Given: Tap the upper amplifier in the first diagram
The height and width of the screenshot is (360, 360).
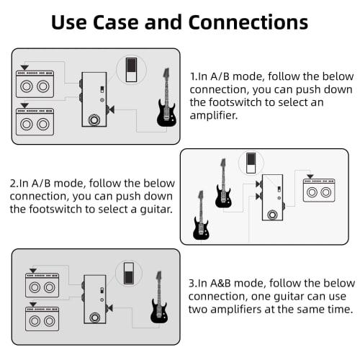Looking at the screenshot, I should point(34,85).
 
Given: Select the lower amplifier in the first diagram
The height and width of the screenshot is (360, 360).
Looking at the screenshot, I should point(34,119).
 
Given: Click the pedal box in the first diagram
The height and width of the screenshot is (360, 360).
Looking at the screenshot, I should point(94,99).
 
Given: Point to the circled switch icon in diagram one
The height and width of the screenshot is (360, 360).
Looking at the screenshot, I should point(130,69).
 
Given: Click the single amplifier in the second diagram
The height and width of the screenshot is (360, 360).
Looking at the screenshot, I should point(318,191).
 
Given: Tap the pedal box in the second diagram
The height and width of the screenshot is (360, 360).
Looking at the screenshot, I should point(272,197).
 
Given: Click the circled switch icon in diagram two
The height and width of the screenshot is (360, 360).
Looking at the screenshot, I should point(251,163).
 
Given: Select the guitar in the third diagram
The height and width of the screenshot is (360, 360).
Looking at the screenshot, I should point(159,301).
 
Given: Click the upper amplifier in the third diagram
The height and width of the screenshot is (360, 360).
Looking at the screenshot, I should point(41,286).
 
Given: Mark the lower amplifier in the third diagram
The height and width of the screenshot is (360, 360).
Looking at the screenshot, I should point(41,318).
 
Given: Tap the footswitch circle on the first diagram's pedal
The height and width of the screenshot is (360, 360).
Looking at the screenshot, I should point(94,119).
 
